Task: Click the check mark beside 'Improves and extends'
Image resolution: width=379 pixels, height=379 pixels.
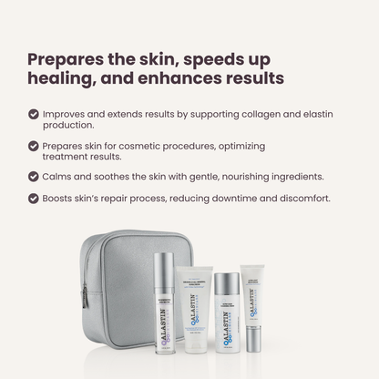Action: coord(34,116)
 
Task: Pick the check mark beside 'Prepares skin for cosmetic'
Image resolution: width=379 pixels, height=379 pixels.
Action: coord(34,146)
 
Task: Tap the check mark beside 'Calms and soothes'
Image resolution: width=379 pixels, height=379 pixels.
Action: coord(34,176)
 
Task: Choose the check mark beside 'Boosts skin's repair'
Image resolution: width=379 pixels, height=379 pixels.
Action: coord(34,198)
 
